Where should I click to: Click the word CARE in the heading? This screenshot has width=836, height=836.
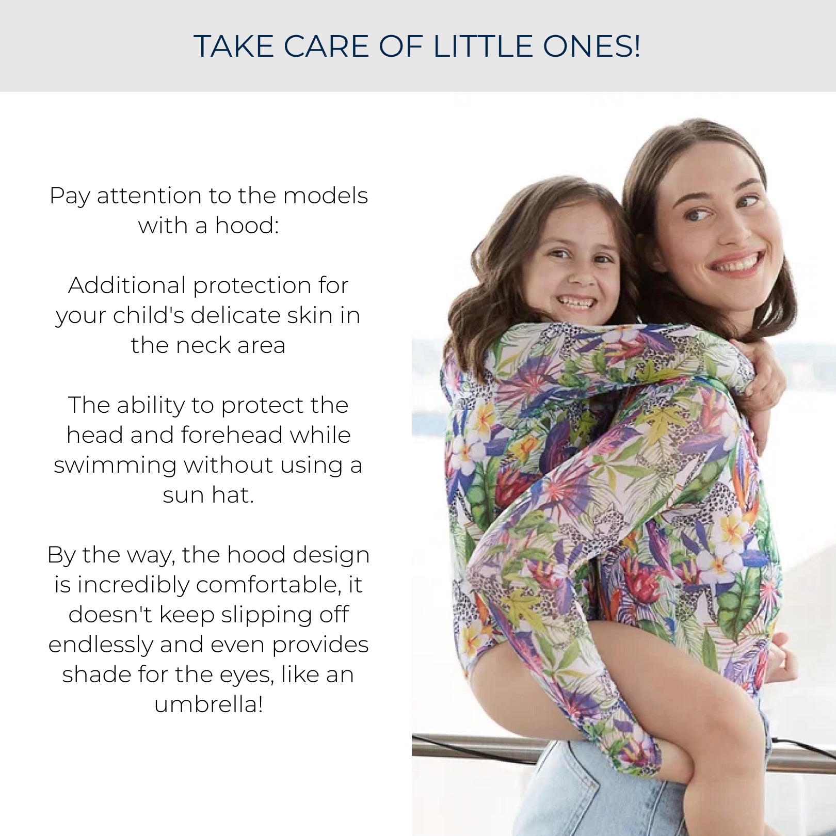(x=326, y=46)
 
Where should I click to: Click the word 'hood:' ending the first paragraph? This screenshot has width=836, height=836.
(x=247, y=226)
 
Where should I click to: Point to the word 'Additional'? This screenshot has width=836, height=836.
(x=127, y=285)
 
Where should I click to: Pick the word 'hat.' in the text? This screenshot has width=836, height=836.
(x=233, y=495)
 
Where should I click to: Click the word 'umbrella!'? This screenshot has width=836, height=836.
(x=208, y=704)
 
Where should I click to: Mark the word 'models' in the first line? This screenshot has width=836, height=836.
(x=325, y=196)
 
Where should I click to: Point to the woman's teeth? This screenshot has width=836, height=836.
(x=738, y=264)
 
